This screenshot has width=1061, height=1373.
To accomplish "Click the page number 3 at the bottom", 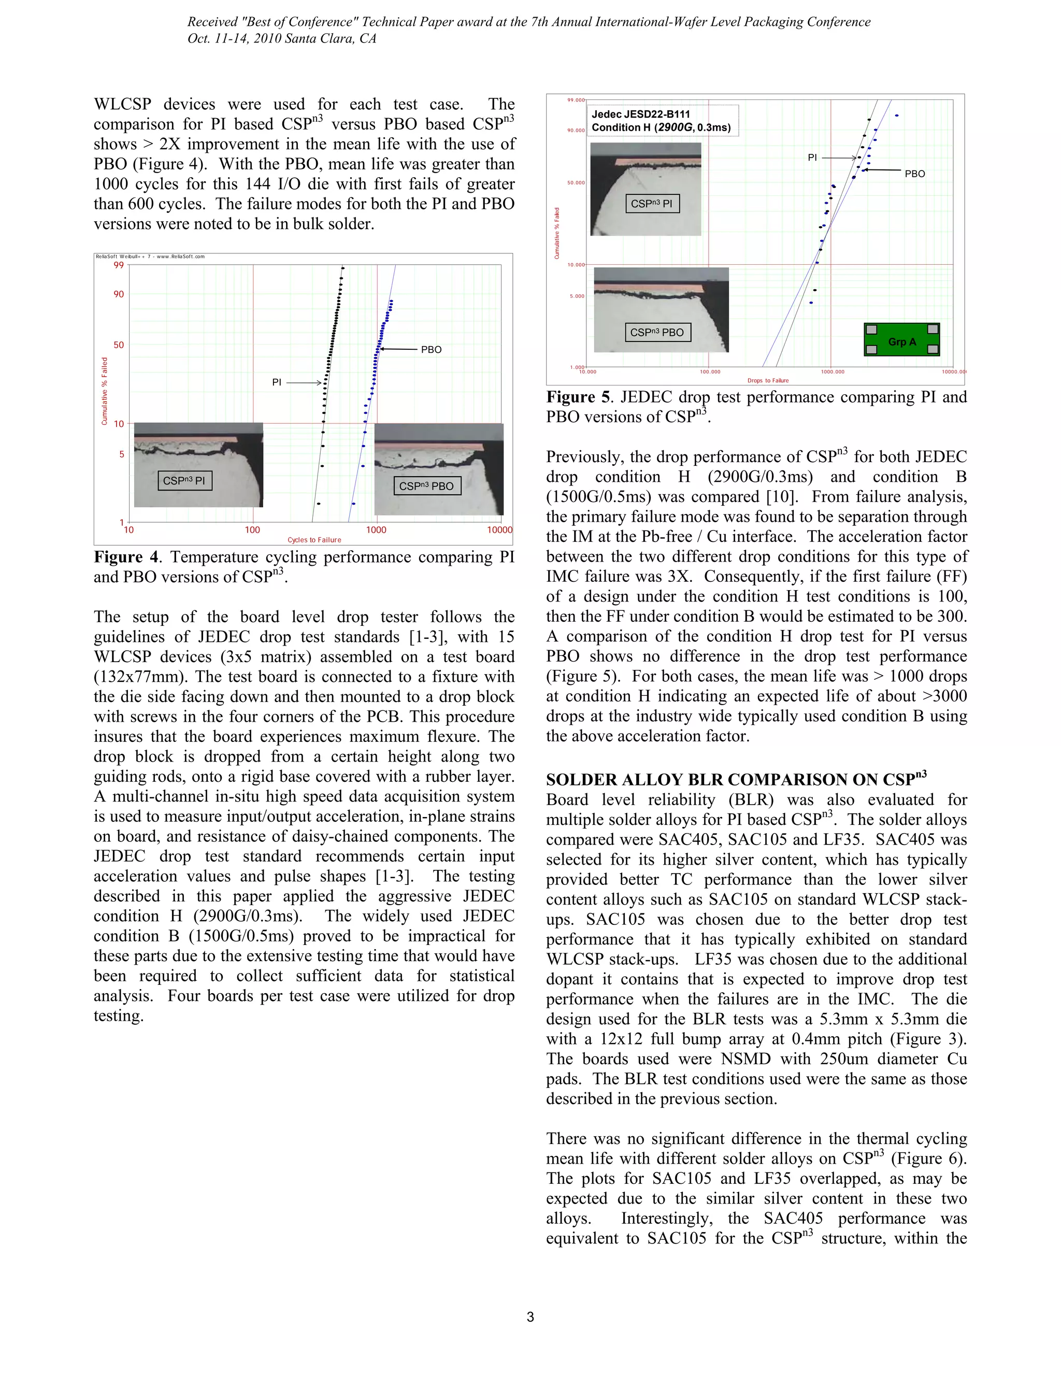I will point(530,1317).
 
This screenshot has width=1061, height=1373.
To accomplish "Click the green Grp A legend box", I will point(901,340).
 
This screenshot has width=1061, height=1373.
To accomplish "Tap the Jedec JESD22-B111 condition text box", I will point(662,121).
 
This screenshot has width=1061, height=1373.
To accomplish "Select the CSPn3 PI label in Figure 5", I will point(651,204).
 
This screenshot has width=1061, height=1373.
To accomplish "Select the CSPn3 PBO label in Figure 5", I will point(657,332).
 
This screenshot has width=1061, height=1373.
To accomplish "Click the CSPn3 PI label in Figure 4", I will point(183,480).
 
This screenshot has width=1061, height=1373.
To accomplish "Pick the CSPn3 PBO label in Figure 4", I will point(426,486).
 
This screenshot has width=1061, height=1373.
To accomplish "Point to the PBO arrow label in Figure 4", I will point(431,350).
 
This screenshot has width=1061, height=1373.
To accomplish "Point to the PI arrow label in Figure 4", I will point(277,382).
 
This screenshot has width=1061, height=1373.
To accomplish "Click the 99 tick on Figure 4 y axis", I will point(119,265).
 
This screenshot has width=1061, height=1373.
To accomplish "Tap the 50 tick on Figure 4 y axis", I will point(119,345).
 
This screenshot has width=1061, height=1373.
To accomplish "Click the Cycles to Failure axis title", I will point(314,539).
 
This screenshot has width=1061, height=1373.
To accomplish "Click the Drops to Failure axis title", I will point(767,380).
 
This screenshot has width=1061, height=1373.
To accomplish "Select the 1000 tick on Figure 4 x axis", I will point(376,530).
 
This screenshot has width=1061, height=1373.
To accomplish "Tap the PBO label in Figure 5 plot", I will point(914,174).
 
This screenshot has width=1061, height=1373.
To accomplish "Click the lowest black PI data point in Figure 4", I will point(319,504).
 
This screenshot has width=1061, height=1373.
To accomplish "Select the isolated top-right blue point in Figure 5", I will point(897,115).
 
